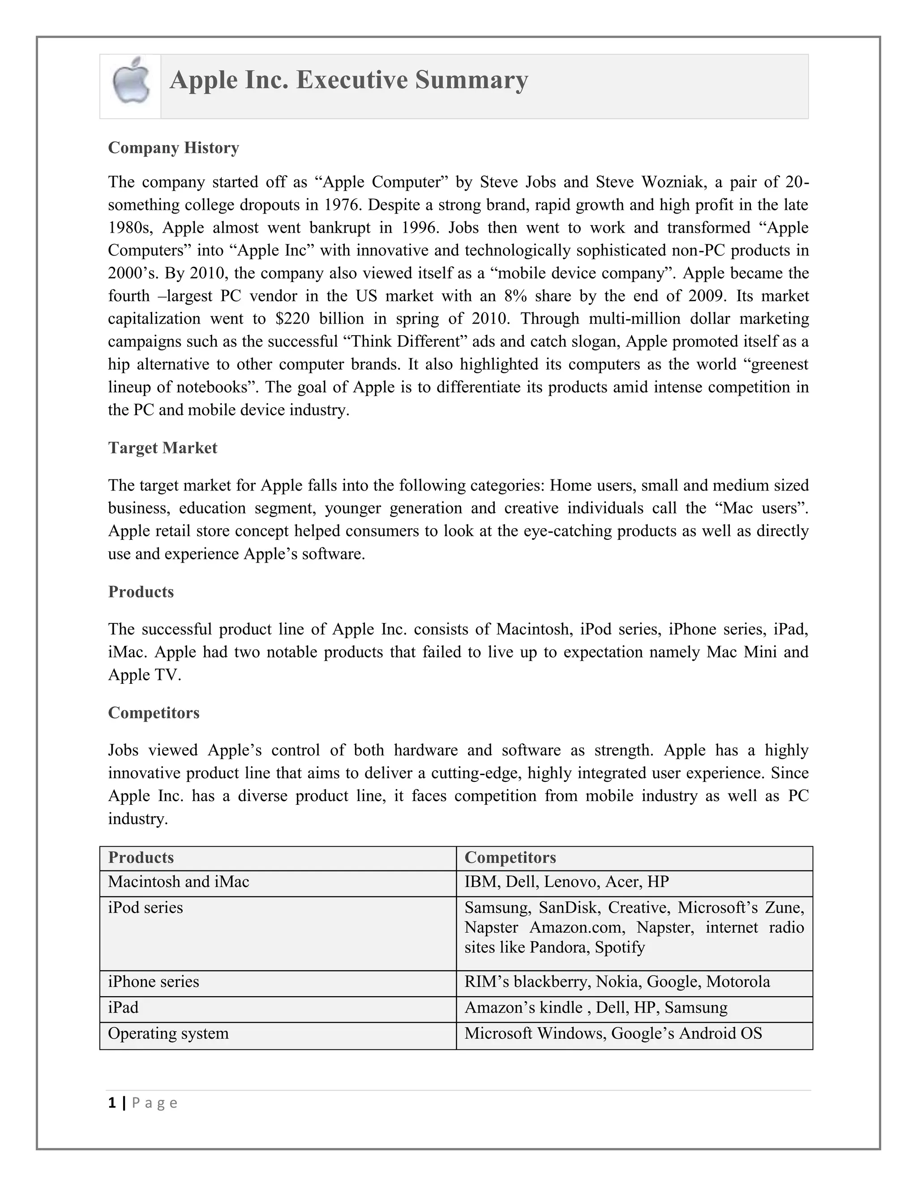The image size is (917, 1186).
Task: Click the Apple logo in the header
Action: point(131,82)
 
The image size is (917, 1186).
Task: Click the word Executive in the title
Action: point(351,80)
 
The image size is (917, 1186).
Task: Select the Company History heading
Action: point(173,148)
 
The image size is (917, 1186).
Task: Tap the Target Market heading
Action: point(163,448)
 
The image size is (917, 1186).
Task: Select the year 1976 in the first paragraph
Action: point(342,205)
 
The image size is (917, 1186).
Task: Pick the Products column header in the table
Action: point(141,858)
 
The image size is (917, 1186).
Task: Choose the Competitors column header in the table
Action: point(510,858)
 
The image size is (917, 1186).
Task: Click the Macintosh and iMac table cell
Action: point(178,882)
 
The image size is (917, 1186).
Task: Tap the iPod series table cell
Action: point(145,908)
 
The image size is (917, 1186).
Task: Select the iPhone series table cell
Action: point(153,982)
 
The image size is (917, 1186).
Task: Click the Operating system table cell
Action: point(168,1033)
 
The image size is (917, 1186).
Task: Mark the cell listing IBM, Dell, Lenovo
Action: point(566,882)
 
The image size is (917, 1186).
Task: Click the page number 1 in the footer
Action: point(112,1103)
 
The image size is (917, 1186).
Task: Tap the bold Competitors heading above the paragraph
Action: point(153,712)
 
